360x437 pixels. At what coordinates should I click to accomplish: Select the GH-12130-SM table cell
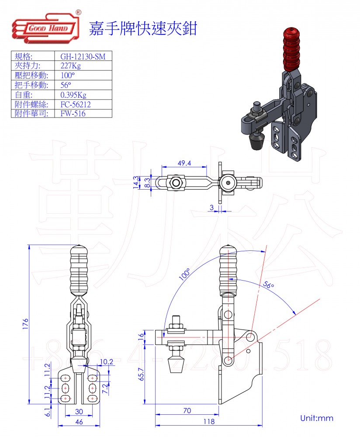click(x=80, y=56)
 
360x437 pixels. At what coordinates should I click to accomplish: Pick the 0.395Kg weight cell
click(x=74, y=94)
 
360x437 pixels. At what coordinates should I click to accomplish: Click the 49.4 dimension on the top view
click(x=184, y=163)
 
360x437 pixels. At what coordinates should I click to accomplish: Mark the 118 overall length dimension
click(x=209, y=422)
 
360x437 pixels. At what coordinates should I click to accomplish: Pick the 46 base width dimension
click(x=78, y=422)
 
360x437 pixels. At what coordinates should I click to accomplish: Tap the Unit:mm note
click(x=316, y=418)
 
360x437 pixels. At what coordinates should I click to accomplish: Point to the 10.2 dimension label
click(x=106, y=362)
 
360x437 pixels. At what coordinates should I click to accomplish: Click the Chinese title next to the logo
click(x=143, y=29)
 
